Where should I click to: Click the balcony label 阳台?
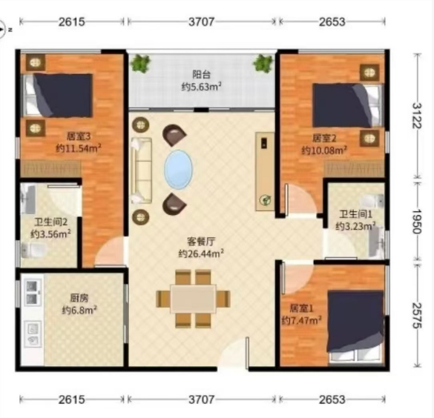coord(202,74)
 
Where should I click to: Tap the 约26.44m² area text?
coord(201,253)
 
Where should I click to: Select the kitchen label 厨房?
coord(79,298)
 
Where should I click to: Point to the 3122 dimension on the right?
coord(416,116)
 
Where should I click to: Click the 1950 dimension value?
coord(416,221)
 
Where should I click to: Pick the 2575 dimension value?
coord(416,316)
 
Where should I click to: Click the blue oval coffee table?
coord(178,170)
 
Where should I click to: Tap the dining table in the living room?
coord(193,299)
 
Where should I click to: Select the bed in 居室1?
coord(355,325)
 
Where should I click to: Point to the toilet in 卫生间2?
coord(34,251)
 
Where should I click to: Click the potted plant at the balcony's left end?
coord(141,63)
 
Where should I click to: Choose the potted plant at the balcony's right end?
coord(263,63)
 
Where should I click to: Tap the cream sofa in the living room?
coord(142,170)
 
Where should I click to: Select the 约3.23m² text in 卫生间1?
coord(355,226)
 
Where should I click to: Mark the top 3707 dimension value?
coord(201,21)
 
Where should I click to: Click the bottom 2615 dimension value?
coord(71,399)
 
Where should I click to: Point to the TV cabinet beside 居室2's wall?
coord(265,171)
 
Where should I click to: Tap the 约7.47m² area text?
coord(301,320)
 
